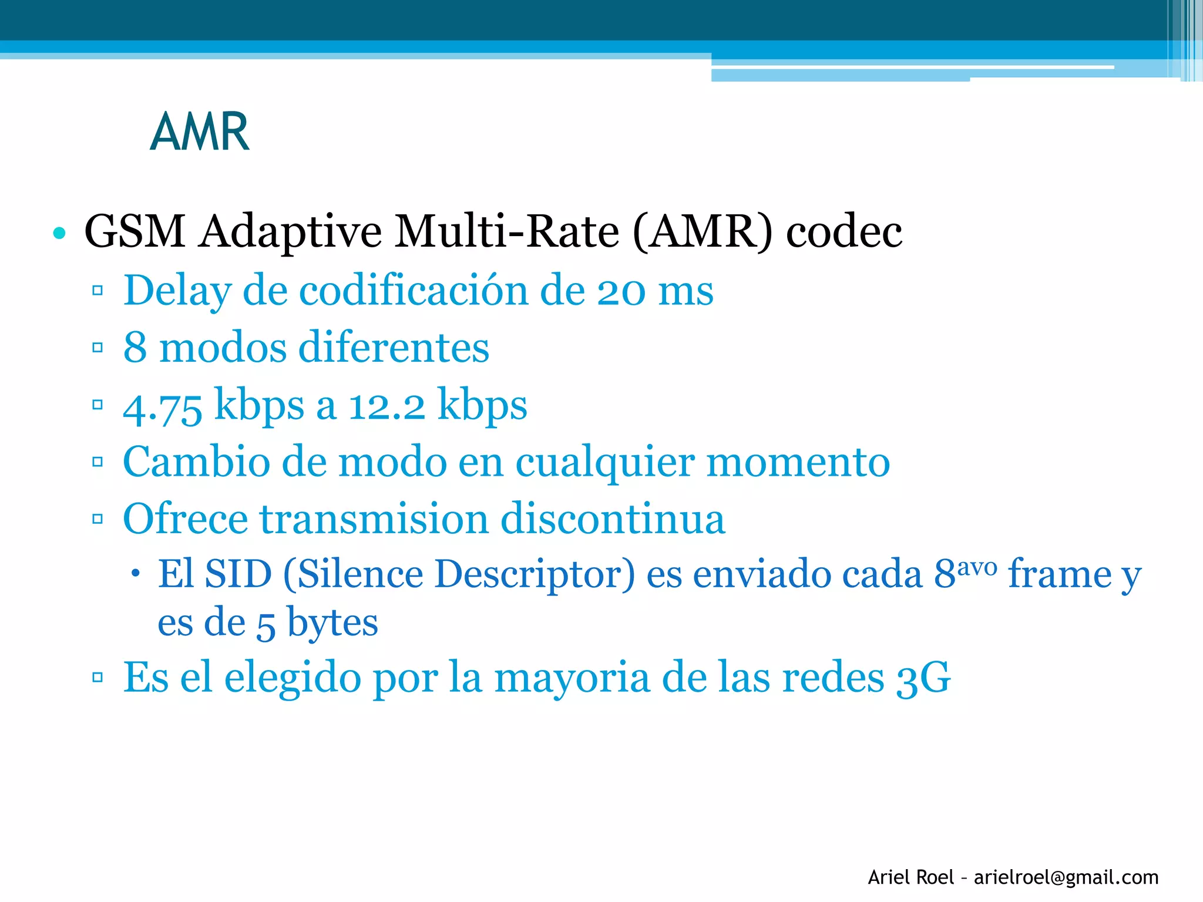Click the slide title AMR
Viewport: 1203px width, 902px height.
(200, 132)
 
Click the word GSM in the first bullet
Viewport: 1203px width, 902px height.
(135, 231)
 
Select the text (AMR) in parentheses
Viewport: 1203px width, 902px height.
(703, 231)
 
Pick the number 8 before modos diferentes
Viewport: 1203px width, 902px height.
(135, 347)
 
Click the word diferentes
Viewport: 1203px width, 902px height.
(394, 347)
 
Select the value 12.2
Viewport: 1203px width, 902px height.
(387, 406)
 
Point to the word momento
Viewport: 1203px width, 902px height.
(798, 462)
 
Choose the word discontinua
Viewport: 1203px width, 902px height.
(613, 519)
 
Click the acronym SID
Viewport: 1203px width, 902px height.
(238, 574)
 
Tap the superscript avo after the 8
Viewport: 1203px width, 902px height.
(977, 566)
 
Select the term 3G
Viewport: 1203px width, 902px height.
(923, 678)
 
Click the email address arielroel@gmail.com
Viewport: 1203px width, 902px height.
(1066, 877)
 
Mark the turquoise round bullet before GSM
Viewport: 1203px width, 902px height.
(59, 233)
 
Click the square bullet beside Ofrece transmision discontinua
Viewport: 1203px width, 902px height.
(98, 519)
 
